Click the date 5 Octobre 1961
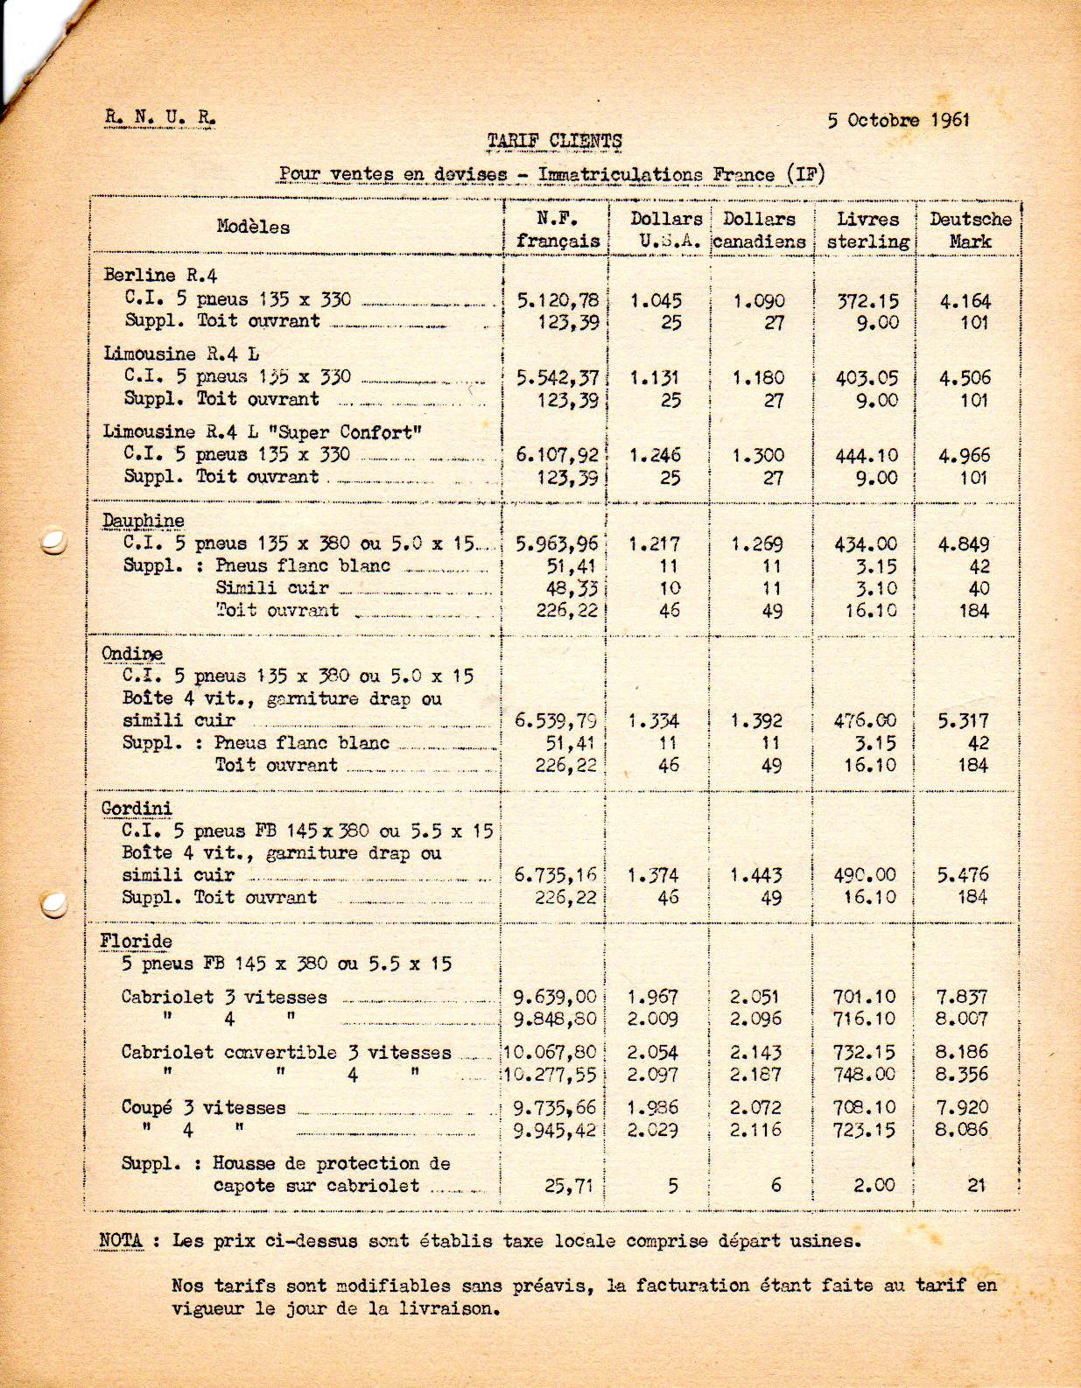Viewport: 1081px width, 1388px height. coord(898,120)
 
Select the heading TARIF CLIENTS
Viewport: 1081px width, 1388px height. coord(554,141)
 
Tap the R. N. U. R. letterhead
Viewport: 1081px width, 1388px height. coord(158,118)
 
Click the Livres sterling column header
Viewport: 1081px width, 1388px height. coord(867,230)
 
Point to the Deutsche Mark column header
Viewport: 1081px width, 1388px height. coord(970,230)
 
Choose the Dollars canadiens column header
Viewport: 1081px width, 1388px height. coord(759,230)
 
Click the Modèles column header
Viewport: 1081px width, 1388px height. coord(253,227)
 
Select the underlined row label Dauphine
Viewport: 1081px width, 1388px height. coord(143,521)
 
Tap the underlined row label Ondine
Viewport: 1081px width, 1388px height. coord(131,654)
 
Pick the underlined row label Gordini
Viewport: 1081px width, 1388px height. coord(137,808)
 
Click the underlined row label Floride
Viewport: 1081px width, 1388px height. coord(136,941)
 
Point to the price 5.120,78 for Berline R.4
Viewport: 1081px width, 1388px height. coord(558,300)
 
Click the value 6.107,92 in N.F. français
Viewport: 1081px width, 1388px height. coord(558,455)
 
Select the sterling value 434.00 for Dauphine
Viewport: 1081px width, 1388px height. coord(867,543)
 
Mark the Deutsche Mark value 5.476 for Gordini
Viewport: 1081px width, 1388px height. coord(963,874)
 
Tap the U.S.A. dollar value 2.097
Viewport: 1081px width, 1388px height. coord(652,1075)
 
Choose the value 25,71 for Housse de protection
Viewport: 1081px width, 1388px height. coord(569,1186)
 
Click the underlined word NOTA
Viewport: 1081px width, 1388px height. coord(122,1240)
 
